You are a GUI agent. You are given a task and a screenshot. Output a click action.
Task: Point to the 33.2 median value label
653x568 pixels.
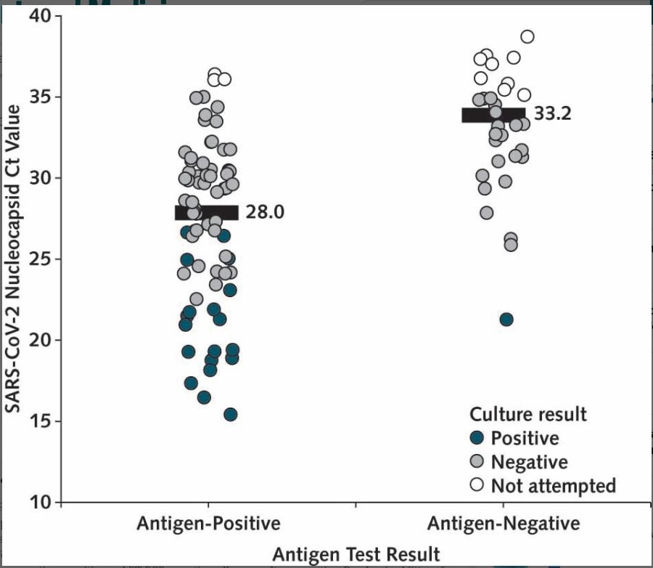[x=554, y=114]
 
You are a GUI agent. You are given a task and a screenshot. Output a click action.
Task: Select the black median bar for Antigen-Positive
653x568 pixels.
[x=207, y=212]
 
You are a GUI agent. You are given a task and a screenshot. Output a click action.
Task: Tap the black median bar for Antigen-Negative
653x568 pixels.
[x=493, y=114]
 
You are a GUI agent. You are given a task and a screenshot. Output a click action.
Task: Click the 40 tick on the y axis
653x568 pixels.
[x=43, y=16]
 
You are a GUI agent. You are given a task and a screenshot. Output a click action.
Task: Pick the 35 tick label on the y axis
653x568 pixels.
[x=43, y=97]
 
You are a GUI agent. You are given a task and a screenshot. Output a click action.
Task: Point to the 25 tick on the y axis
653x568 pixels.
[x=43, y=259]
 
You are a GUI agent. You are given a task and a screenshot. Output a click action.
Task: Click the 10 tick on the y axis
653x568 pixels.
[x=43, y=502]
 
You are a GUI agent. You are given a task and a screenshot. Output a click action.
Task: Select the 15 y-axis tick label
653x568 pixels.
[x=43, y=421]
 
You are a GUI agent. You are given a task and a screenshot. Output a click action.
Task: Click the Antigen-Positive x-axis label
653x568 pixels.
[x=208, y=524]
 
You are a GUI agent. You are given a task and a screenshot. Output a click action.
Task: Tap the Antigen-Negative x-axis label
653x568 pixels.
[x=504, y=524]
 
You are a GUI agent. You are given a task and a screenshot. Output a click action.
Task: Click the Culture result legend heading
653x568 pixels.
[x=527, y=415]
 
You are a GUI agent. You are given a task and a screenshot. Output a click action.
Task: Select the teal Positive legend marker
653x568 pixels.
[x=477, y=438]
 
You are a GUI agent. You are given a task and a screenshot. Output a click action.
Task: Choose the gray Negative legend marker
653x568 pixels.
[x=477, y=461]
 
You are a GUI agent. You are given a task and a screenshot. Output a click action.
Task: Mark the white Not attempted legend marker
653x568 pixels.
[x=477, y=485]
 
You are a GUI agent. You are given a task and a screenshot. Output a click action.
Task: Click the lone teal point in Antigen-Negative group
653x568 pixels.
[x=506, y=320]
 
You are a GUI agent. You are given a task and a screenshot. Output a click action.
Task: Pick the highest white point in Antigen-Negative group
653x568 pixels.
[x=527, y=36]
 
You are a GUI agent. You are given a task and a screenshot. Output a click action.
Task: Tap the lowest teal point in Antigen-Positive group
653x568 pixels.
[x=231, y=415]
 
